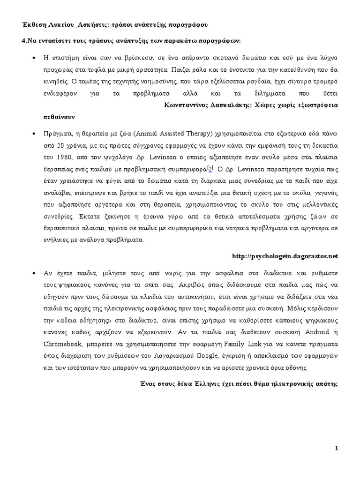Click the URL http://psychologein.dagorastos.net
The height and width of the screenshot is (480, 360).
pos(285,256)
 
